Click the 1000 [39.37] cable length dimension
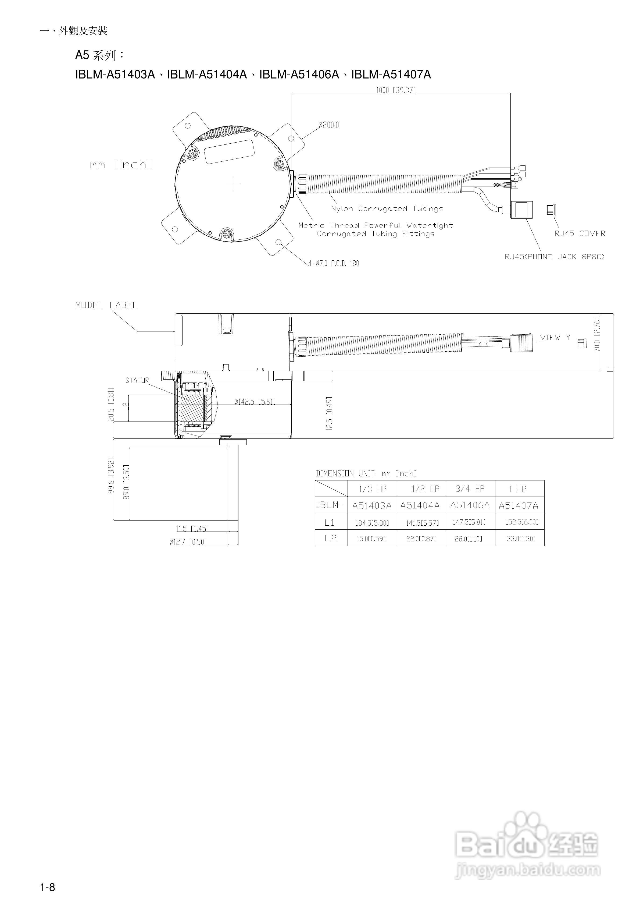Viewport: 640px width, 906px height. [395, 90]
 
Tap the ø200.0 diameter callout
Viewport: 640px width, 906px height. [328, 125]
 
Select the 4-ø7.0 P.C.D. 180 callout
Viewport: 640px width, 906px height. [334, 263]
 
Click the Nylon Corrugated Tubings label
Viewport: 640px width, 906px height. [387, 209]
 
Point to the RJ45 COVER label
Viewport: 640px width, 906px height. [580, 233]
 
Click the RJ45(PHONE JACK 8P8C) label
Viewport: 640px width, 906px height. [555, 257]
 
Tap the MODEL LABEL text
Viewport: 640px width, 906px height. [106, 305]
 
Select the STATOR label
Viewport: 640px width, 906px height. [137, 380]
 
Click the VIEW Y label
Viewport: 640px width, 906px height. [555, 337]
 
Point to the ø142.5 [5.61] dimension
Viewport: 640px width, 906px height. [255, 402]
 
